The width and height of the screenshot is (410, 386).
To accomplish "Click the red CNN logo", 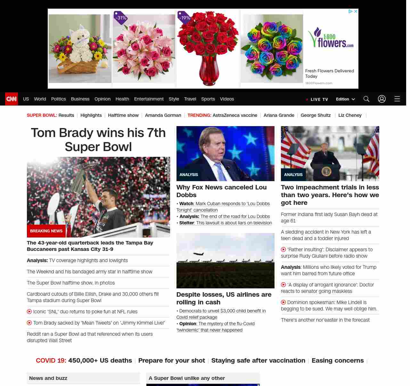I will (x=12, y=99).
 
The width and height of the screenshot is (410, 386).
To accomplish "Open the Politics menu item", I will (x=58, y=99).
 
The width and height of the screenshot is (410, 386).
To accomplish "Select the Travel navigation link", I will (x=190, y=99).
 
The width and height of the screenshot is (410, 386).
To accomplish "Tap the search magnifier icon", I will (x=366, y=99).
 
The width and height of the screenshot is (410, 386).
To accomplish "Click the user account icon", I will (x=382, y=99).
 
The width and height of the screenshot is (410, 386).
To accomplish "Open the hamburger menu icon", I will (x=397, y=99).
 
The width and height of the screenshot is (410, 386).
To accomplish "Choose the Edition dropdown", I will (x=345, y=99).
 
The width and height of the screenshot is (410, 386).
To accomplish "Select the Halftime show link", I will (x=123, y=115).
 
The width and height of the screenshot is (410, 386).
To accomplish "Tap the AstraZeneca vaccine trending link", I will (x=235, y=115).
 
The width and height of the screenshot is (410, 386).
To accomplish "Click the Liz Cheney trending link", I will (x=350, y=115).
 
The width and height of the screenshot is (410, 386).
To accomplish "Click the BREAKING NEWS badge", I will (x=46, y=231).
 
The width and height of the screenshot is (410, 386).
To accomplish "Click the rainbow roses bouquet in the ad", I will (x=272, y=49).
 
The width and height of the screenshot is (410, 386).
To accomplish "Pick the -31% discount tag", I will (x=121, y=18).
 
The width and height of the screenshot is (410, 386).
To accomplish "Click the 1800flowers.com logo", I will (x=331, y=38).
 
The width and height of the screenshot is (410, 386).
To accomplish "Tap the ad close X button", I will (x=356, y=11).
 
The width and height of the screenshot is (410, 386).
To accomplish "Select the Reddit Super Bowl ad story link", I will (x=90, y=337).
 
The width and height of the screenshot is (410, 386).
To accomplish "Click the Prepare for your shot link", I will (x=171, y=360).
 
